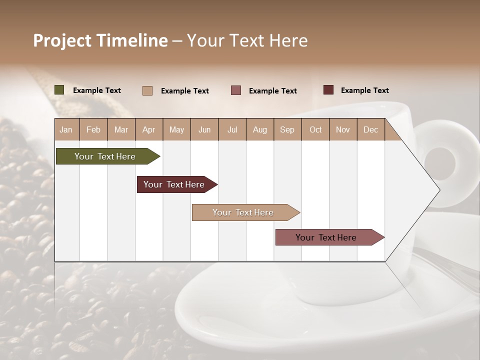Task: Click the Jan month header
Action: point(66,129)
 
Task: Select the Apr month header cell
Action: point(149,129)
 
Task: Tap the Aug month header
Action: point(260,129)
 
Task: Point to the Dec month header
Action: point(370,129)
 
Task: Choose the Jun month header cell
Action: point(204,129)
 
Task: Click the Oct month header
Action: point(315,129)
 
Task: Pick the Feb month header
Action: point(93,129)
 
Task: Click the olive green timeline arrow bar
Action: point(105,156)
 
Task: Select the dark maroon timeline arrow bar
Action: point(174,184)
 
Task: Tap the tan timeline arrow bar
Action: point(243,212)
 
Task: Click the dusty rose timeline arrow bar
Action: point(326,237)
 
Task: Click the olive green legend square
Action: point(59,90)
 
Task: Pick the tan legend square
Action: point(147,90)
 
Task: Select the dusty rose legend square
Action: point(236,90)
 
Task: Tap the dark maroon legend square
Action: point(328,90)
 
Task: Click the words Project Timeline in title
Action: point(100,40)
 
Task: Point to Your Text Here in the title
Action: point(247,40)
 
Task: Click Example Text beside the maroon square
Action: point(364,90)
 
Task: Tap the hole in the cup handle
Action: point(440,162)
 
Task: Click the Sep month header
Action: point(287,129)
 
